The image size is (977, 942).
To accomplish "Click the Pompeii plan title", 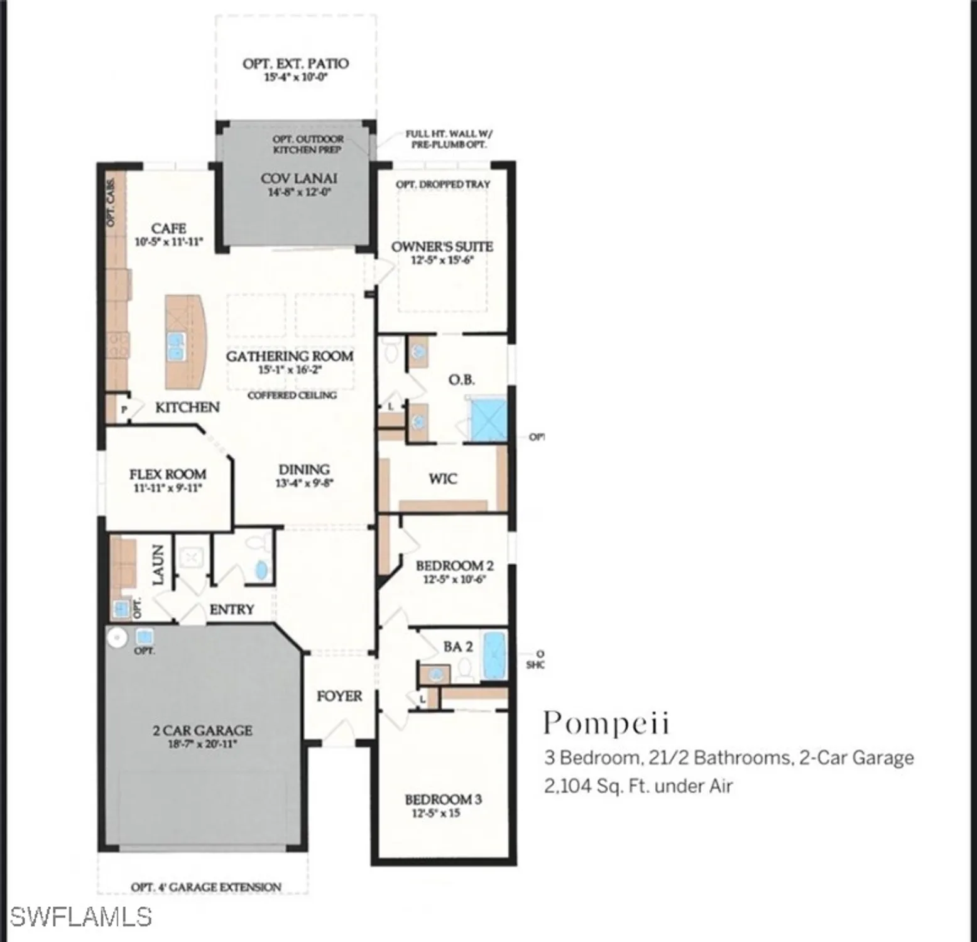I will tap(606, 723).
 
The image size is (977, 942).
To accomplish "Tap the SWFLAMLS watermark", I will tap(80, 917).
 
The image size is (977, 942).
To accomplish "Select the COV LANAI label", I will tap(299, 178).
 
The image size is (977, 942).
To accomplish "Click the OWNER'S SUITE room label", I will tap(442, 247).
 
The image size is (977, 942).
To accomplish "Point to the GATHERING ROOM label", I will tap(290, 356).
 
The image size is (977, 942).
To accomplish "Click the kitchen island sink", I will tap(176, 347).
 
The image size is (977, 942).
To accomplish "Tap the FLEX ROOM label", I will tap(168, 474).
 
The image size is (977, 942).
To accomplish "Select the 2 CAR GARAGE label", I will tap(202, 730).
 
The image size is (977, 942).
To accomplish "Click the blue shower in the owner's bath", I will tap(488, 419).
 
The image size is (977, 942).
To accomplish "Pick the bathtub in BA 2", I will tap(494, 656).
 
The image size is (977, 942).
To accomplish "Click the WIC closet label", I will tap(443, 479).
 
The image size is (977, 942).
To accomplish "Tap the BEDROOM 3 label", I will tap(443, 799).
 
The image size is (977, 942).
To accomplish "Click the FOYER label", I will tap(339, 696).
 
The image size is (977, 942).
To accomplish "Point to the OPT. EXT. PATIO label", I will tap(295, 63).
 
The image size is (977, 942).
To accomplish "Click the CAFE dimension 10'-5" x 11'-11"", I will tap(169, 242).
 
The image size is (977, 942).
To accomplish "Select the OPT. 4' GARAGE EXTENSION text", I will tap(205, 887).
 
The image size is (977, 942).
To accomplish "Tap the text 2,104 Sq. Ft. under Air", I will tap(638, 786).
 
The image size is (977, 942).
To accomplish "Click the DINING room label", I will tap(304, 469).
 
